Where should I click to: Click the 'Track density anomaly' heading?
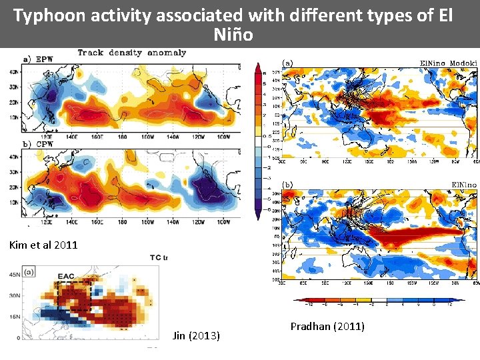[131, 53]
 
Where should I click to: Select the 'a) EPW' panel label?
[39, 59]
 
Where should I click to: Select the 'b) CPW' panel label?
[38, 144]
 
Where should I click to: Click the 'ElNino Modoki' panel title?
[448, 63]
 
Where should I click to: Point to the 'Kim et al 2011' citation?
[43, 245]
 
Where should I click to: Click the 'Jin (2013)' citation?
[195, 335]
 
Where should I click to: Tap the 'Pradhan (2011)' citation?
[327, 326]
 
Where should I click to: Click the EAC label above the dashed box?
[66, 275]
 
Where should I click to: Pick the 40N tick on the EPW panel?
[13, 71]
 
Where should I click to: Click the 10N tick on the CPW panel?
[13, 202]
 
